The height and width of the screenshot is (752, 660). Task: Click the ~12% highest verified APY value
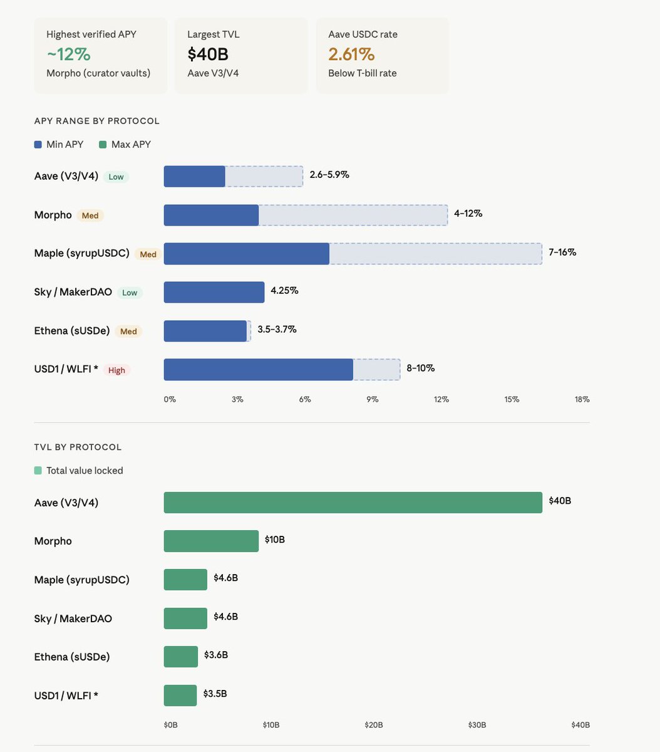[69, 54]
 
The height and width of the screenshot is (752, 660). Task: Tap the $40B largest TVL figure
[208, 54]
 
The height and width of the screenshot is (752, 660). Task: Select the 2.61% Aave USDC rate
[351, 54]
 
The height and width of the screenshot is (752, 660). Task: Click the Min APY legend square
[38, 145]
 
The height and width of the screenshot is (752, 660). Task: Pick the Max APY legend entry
[125, 145]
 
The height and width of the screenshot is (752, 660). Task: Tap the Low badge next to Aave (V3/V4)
[116, 177]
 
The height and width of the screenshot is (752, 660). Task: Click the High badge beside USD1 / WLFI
[116, 370]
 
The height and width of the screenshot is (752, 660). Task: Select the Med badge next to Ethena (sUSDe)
[128, 332]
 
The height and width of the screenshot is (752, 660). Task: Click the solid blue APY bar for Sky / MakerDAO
[214, 292]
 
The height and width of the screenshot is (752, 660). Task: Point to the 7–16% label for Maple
[562, 253]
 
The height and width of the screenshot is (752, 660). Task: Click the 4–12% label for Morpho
[468, 214]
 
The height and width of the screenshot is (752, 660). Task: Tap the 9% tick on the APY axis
[372, 400]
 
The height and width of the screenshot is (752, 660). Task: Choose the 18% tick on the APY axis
[582, 400]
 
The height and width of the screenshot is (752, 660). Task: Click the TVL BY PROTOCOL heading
[78, 447]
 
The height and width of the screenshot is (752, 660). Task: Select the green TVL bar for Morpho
[211, 541]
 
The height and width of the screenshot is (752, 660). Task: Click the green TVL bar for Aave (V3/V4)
[353, 503]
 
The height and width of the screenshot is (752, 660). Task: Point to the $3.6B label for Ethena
[215, 655]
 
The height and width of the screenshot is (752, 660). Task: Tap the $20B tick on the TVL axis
[374, 725]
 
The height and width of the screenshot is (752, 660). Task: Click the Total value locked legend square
[38, 471]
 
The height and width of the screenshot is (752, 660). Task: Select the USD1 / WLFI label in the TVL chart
[66, 696]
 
